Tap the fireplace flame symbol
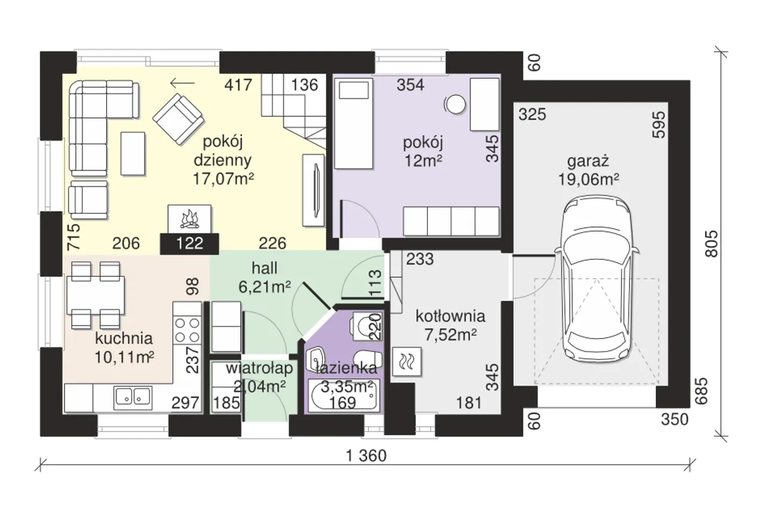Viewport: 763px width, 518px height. click(x=190, y=220)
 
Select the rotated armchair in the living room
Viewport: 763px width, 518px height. click(x=178, y=119)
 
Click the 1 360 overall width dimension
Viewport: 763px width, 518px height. click(x=366, y=455)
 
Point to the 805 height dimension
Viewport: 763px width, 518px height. click(x=711, y=244)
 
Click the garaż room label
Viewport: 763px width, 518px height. click(x=588, y=161)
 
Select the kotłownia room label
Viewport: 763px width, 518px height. click(x=450, y=317)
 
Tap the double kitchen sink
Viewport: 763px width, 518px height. click(x=133, y=398)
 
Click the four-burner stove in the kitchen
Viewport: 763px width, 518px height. click(x=187, y=330)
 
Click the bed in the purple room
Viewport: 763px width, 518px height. click(x=353, y=123)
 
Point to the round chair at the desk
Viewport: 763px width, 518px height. click(x=455, y=104)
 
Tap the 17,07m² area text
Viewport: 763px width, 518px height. click(x=224, y=178)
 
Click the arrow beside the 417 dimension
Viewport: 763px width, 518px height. click(x=182, y=83)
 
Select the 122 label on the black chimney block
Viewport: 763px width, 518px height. click(x=190, y=243)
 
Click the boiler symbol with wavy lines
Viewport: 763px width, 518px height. click(x=407, y=361)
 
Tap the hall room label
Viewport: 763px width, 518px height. click(x=264, y=268)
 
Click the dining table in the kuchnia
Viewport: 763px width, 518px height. click(x=95, y=295)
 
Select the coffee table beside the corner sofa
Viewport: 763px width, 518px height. click(x=133, y=154)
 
